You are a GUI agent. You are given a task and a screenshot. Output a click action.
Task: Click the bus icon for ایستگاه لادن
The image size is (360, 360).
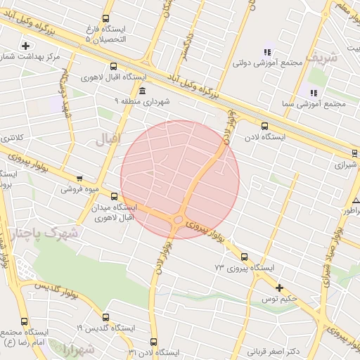click(264, 126)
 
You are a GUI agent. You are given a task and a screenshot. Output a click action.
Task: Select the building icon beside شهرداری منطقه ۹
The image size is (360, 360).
click(143, 92)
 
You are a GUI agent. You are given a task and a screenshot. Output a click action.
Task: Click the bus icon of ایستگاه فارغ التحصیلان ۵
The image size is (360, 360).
click(105, 20)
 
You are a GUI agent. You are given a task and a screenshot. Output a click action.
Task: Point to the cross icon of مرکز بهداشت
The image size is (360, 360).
click(26, 46)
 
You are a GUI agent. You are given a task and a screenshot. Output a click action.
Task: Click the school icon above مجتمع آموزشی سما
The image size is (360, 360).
click(314, 93)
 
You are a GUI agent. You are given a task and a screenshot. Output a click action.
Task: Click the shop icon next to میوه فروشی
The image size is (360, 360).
click(79, 179)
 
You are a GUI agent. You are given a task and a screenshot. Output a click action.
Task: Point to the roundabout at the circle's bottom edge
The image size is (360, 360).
click(178, 221)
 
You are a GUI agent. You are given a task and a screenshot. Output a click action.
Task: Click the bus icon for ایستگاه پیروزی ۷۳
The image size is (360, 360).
click(244, 257)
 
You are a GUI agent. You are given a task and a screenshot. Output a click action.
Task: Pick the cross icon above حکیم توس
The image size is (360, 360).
click(280, 288)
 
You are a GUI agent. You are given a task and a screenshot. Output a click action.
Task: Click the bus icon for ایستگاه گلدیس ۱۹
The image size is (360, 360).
click(105, 317)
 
